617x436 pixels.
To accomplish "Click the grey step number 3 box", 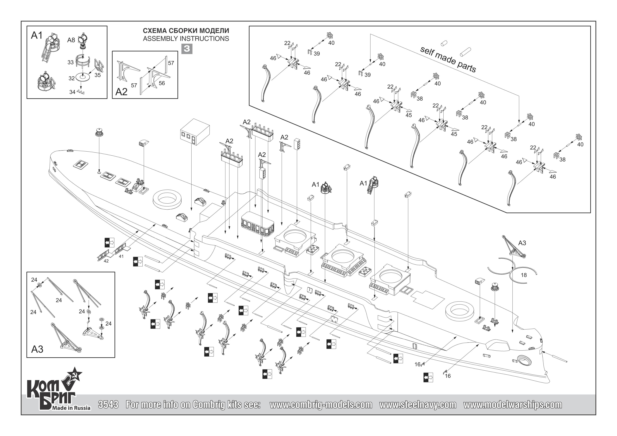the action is coord(187,49).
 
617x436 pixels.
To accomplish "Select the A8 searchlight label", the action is coord(71,40).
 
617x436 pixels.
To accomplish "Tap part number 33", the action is coord(70,62).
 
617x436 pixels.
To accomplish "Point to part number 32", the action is coord(71,78).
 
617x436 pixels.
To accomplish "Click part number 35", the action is coord(98,75).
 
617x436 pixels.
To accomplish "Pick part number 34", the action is coord(72,92).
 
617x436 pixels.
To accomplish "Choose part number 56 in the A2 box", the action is coord(162,83).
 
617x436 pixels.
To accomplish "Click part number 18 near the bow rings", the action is coord(524,275).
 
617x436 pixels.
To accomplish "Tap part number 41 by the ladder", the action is coord(121,256).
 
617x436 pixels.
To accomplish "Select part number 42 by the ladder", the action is coord(106,261).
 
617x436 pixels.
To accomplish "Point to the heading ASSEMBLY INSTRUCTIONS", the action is coord(186,39).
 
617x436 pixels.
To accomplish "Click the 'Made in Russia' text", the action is coord(71,408).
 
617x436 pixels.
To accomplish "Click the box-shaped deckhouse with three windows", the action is coord(194,132).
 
